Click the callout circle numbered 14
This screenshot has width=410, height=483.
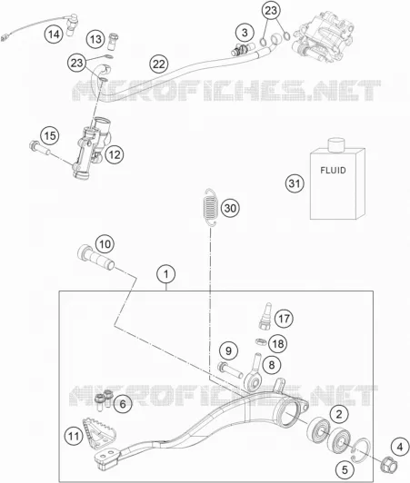[54, 34]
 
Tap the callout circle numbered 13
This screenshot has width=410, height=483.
[96, 39]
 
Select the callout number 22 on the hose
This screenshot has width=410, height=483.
[159, 64]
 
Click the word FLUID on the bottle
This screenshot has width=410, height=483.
[333, 170]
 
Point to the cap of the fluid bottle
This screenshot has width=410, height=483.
[335, 144]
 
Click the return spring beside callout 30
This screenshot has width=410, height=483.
[209, 207]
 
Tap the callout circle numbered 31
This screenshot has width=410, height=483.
[295, 183]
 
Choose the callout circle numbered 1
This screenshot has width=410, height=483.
[166, 274]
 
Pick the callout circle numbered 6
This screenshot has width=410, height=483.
[123, 403]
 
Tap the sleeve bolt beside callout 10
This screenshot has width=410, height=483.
[95, 257]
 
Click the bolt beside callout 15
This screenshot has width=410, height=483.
[39, 148]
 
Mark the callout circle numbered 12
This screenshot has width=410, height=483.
[115, 154]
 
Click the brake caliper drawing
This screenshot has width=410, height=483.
[325, 36]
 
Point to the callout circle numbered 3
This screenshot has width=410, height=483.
[245, 33]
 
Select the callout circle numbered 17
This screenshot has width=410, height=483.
[284, 318]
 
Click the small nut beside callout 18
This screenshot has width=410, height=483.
[261, 341]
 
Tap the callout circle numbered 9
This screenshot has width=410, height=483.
[228, 350]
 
